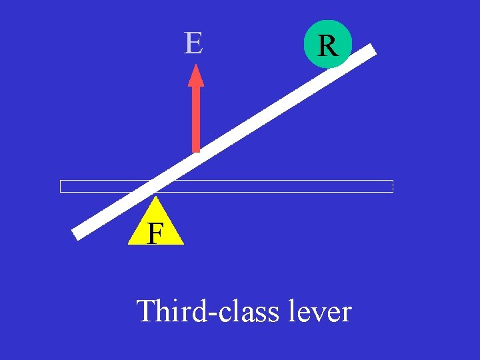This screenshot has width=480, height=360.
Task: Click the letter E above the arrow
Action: pyautogui.click(x=193, y=43)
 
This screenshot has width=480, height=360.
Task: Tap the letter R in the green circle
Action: pyautogui.click(x=327, y=45)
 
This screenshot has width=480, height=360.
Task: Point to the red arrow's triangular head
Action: pyautogui.click(x=196, y=75)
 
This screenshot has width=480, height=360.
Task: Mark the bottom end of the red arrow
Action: pyautogui.click(x=196, y=151)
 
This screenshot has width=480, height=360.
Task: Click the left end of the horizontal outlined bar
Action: pyautogui.click(x=61, y=186)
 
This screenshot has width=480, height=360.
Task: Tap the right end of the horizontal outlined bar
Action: pyautogui.click(x=392, y=186)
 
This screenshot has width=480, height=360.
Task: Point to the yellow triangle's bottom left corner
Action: pyautogui.click(x=129, y=244)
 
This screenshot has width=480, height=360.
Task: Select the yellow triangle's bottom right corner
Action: pyautogui.click(x=183, y=244)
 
